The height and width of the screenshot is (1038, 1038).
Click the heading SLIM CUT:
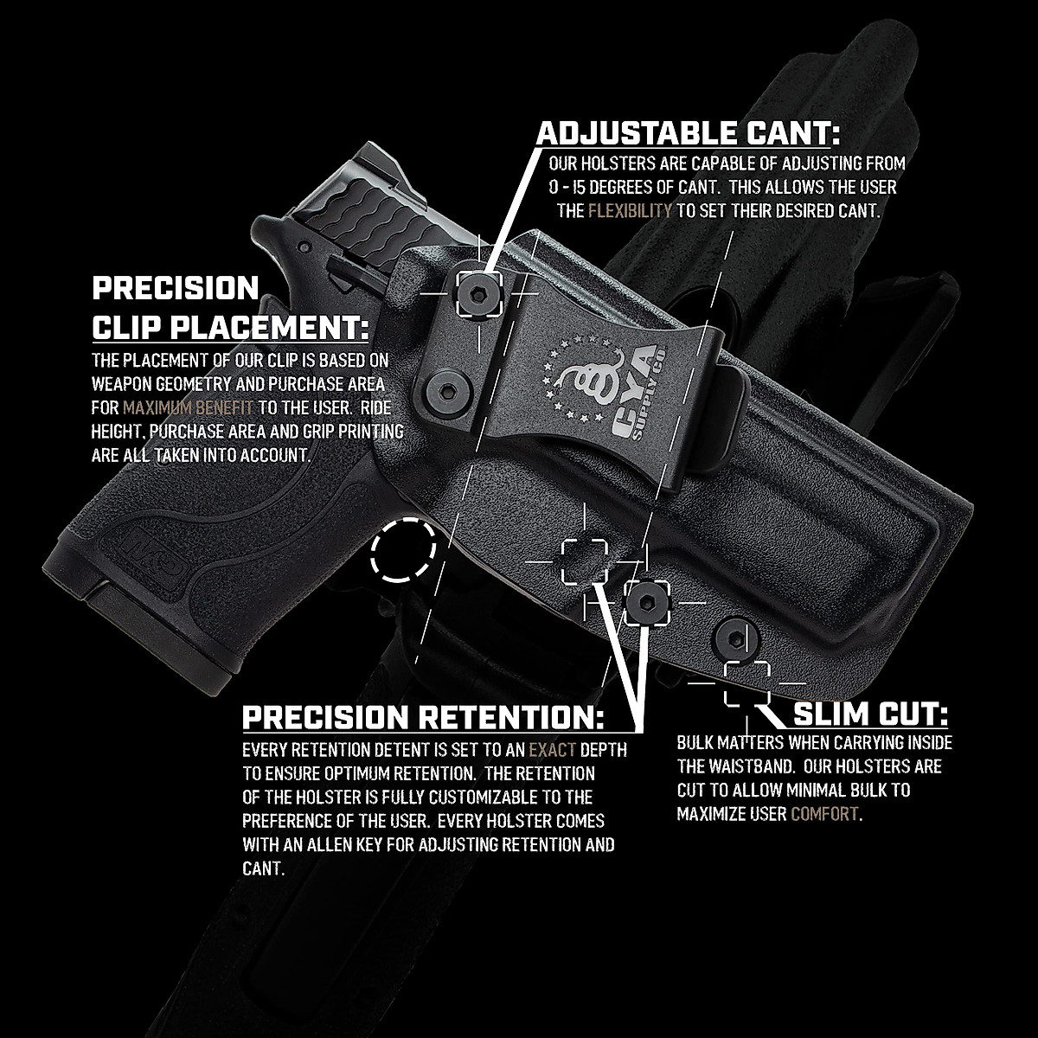click(870, 715)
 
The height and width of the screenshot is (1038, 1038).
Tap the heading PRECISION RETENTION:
click(423, 716)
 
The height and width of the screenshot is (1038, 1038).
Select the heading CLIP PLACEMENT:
click(231, 328)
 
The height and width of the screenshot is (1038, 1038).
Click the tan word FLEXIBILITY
click(630, 210)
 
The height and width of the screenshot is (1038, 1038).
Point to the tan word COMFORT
click(824, 814)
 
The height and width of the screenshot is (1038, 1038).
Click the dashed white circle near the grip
click(402, 549)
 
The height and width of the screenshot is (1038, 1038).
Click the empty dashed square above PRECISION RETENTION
click(585, 560)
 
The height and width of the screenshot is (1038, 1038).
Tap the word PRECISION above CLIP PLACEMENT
click(176, 288)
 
